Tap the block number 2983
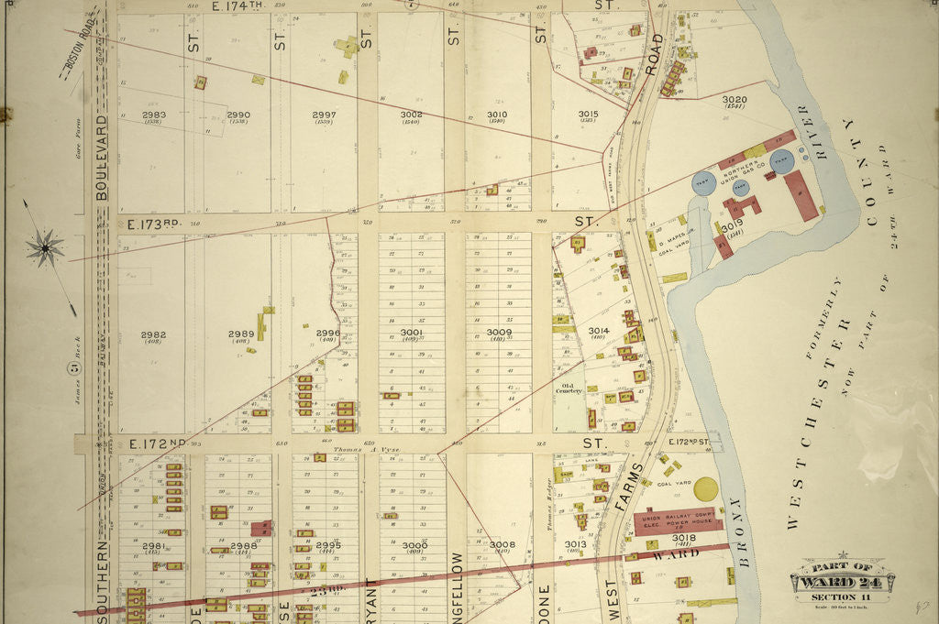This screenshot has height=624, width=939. [x=153, y=115]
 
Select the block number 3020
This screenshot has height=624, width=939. [x=735, y=100]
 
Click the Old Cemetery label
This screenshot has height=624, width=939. [x=572, y=389]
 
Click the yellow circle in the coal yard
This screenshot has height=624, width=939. [x=706, y=489]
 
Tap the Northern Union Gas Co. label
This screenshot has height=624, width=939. [x=742, y=172]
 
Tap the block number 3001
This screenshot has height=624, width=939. [x=412, y=333]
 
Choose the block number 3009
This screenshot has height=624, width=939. [x=499, y=333]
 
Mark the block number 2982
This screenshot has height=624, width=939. [x=153, y=335]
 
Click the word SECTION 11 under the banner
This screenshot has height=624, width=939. [x=841, y=598]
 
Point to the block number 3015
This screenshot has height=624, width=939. [x=588, y=115]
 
